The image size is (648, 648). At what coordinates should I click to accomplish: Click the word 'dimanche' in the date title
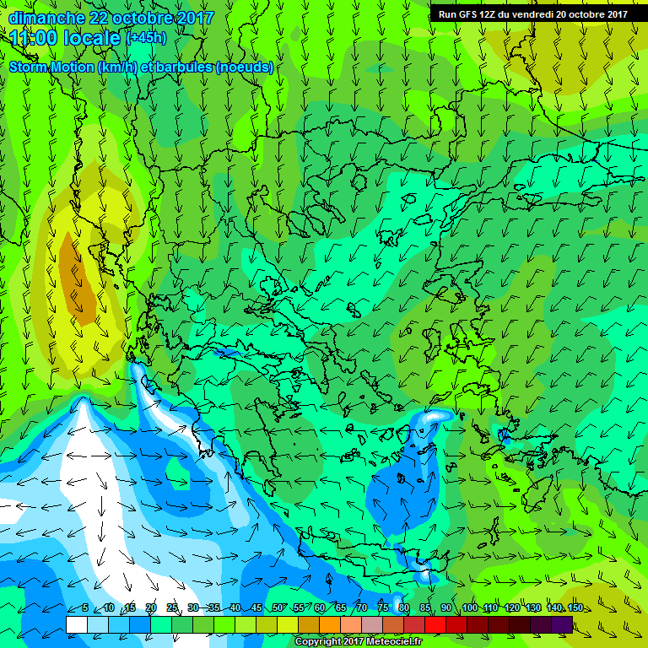46,18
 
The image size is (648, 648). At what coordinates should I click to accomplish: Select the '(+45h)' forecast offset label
146,38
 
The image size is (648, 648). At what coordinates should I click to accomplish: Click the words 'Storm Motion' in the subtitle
51,67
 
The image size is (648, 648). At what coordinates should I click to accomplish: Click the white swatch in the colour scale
76,624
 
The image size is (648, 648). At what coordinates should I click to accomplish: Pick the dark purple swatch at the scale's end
562,624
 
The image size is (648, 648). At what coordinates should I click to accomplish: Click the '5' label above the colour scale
85,608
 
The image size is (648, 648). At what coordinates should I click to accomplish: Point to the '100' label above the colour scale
470,608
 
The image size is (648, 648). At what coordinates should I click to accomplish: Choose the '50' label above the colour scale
278,608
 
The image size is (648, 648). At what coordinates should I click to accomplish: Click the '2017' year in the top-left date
196,18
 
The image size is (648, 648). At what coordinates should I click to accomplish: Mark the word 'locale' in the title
95,38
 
